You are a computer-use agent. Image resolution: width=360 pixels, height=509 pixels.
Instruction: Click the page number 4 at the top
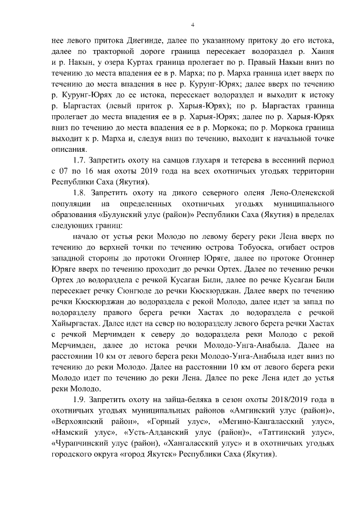[193, 25]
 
